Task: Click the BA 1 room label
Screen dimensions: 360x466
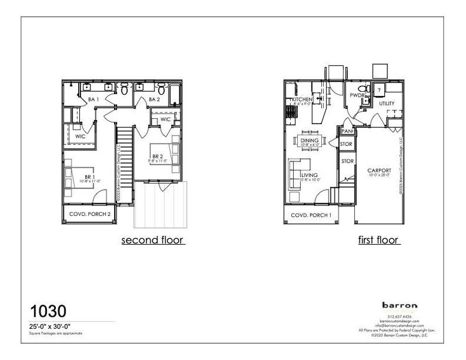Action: (x=93, y=99)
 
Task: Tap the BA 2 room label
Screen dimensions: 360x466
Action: (x=153, y=99)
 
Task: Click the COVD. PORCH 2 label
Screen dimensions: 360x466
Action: (x=89, y=214)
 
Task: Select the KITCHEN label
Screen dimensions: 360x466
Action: (x=301, y=99)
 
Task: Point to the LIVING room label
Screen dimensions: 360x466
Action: (x=310, y=175)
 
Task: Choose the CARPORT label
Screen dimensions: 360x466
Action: (x=379, y=171)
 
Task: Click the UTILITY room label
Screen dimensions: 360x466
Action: (x=387, y=104)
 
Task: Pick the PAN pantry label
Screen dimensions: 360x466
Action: (x=346, y=131)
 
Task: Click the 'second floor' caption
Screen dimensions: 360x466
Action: (x=153, y=241)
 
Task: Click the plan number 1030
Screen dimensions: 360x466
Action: (x=49, y=311)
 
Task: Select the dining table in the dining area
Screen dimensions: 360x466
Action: (x=310, y=142)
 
